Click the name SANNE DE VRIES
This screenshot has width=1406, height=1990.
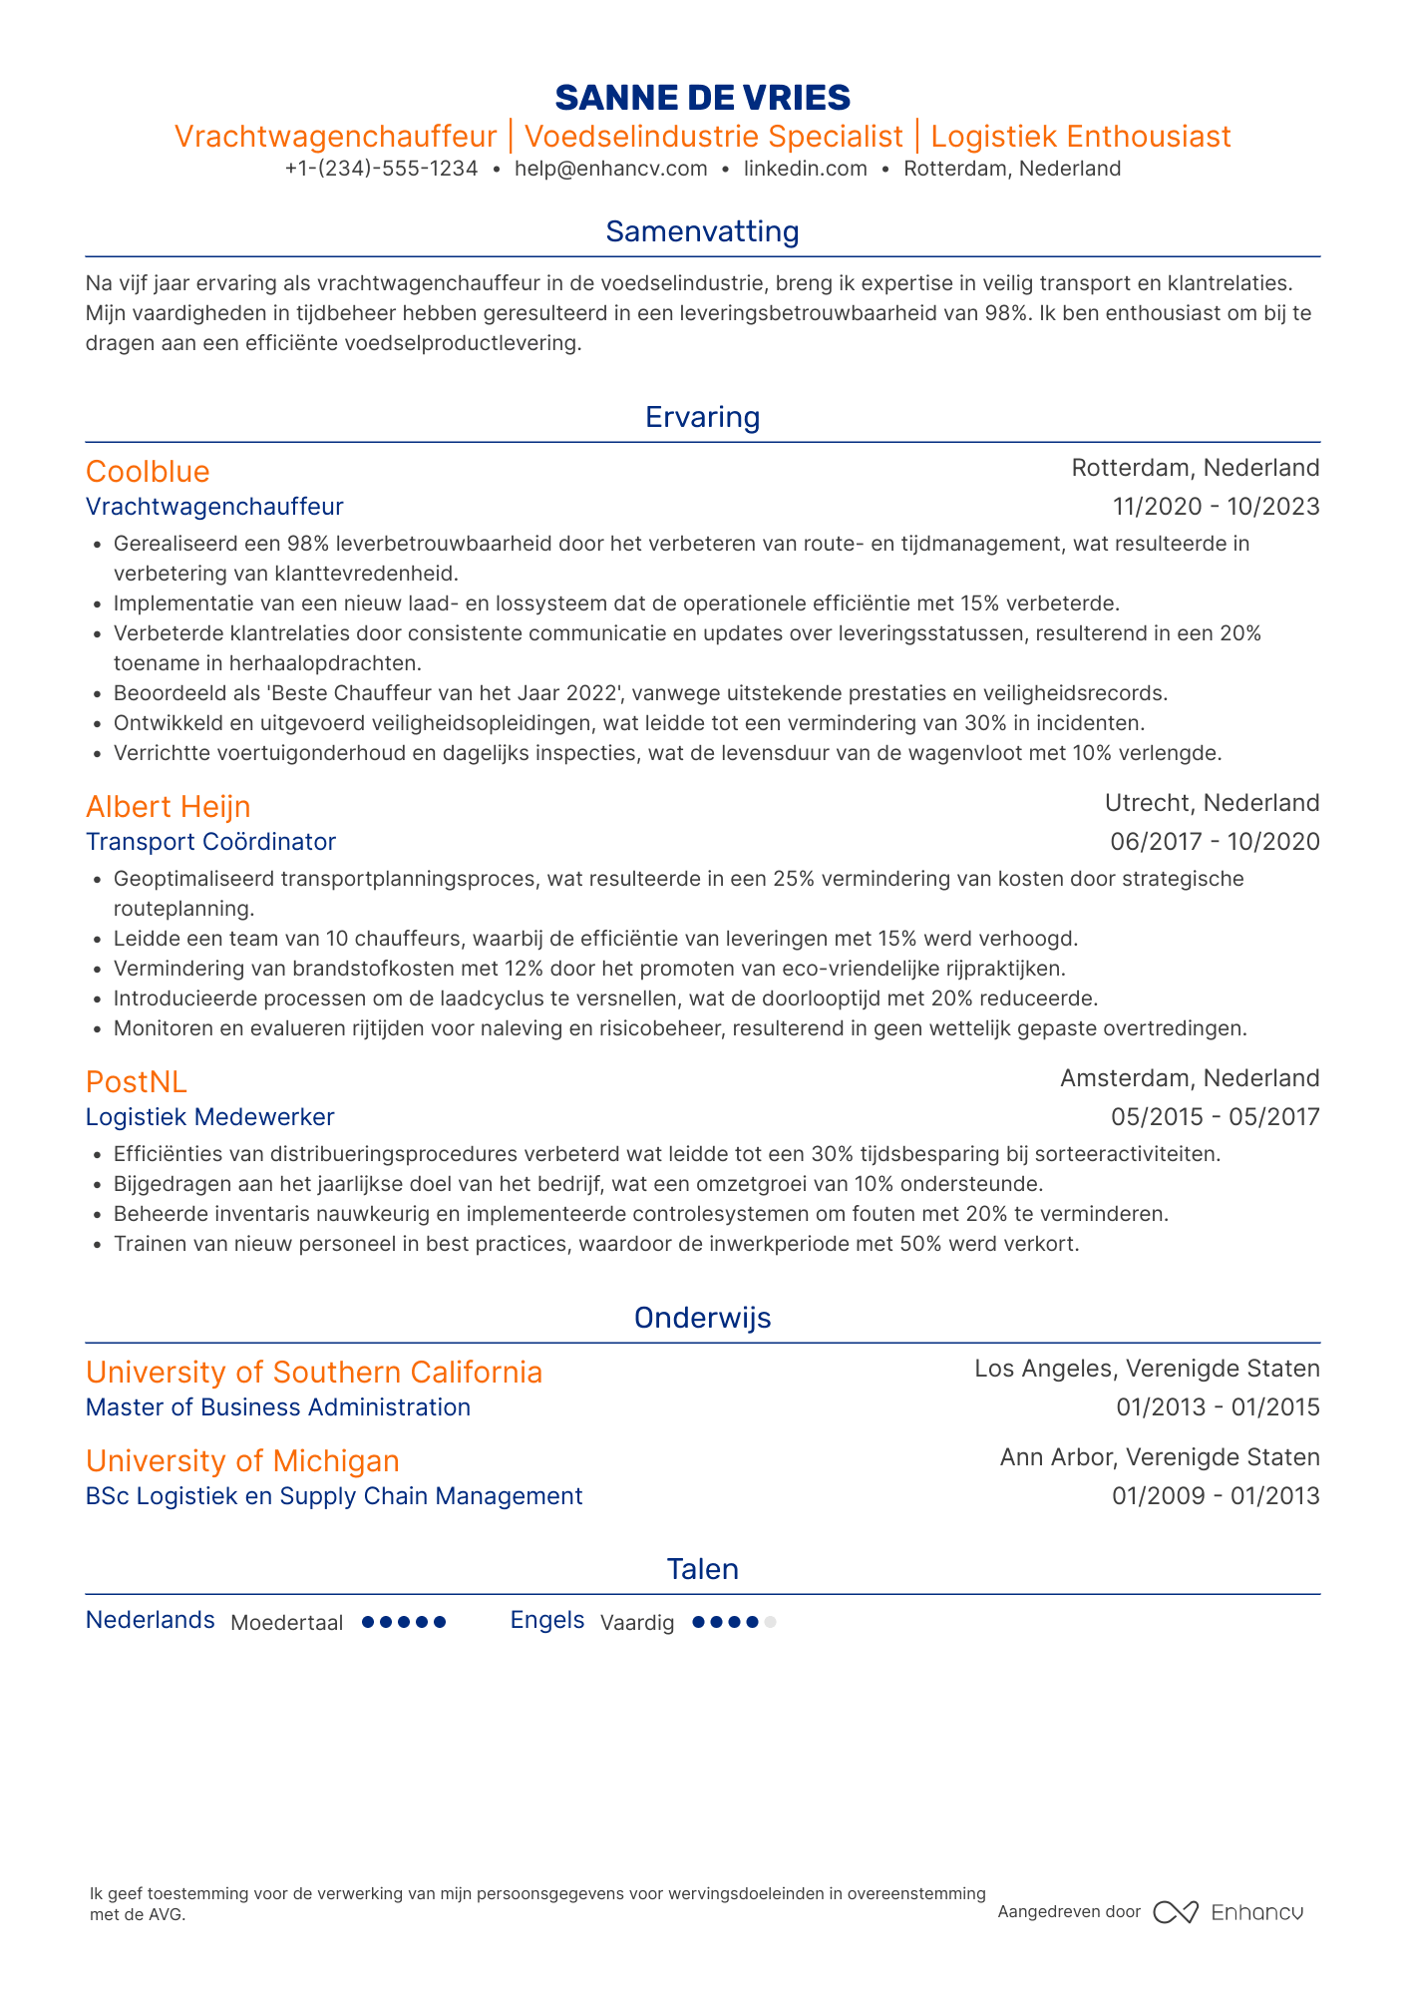tap(702, 97)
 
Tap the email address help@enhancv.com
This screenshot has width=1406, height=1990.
tap(610, 169)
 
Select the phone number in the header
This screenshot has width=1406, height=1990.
tap(381, 169)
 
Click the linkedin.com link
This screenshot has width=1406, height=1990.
tap(806, 169)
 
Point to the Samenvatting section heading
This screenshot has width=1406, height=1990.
tap(702, 231)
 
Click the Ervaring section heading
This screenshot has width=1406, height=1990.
tap(702, 417)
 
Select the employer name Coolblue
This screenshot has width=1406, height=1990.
tap(148, 471)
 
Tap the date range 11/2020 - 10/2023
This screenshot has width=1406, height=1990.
tap(1216, 507)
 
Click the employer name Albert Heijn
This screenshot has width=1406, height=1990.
tap(168, 806)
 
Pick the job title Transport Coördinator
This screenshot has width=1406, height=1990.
tap(210, 842)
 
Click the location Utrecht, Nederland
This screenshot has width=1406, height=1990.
tap(1212, 803)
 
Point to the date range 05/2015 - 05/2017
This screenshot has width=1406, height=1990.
tap(1215, 1117)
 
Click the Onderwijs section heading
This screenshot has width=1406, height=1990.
tap(702, 1318)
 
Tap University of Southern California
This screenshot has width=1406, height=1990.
tap(314, 1373)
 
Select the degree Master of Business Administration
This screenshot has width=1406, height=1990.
tap(278, 1407)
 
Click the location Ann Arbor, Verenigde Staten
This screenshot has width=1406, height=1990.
tap(1160, 1457)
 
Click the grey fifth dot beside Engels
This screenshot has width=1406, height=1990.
tap(770, 1623)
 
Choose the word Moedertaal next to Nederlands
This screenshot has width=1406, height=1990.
tap(286, 1623)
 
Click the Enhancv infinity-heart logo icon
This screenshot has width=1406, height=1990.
tap(1175, 1912)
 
